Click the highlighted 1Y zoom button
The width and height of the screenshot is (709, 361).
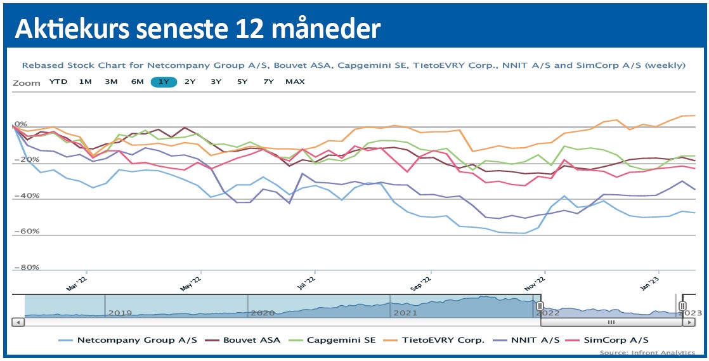(x=164, y=81)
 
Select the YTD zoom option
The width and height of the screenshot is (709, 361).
(x=58, y=81)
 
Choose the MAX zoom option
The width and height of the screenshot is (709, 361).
(x=295, y=81)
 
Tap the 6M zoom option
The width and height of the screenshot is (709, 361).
(x=137, y=81)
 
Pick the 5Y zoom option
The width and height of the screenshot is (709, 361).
(x=242, y=81)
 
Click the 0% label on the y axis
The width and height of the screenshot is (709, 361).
(x=20, y=124)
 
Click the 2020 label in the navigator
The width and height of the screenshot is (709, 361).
(x=263, y=313)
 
